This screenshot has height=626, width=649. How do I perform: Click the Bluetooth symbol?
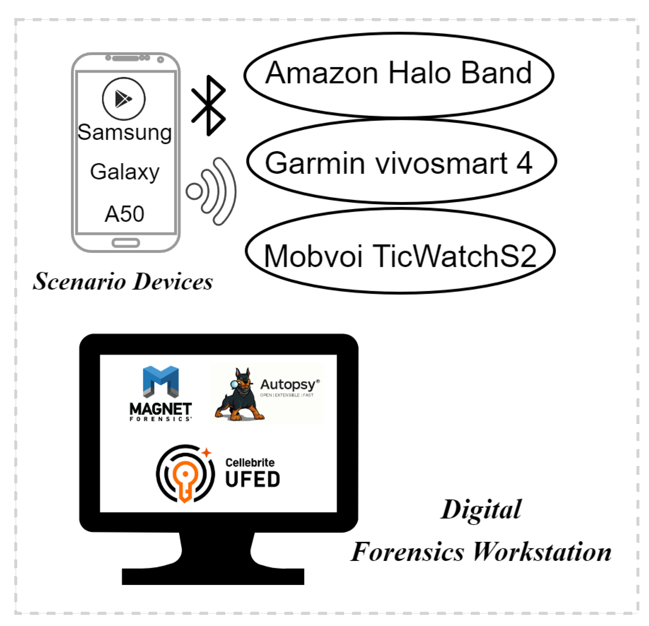pos(208,105)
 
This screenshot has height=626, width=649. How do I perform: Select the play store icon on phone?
pos(123,99)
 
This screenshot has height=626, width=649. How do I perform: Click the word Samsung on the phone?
pos(124,132)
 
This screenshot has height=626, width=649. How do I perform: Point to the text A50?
pos(124,214)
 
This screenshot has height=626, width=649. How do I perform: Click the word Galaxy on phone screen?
pos(124,172)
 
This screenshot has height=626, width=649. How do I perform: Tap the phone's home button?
pos(125,242)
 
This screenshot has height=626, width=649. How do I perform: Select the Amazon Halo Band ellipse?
pos(398,74)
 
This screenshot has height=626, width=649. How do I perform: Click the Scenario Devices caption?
pos(123,281)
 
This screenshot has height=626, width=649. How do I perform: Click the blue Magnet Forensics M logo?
pos(161,381)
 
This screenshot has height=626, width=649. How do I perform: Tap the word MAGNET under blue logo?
pos(160,409)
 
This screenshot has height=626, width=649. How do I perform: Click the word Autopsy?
pos(288,384)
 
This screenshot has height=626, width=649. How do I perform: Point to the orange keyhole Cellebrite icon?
pos(185,474)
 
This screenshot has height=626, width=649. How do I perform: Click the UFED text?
pos(252,479)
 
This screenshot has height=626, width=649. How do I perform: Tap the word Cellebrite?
pos(250,462)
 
